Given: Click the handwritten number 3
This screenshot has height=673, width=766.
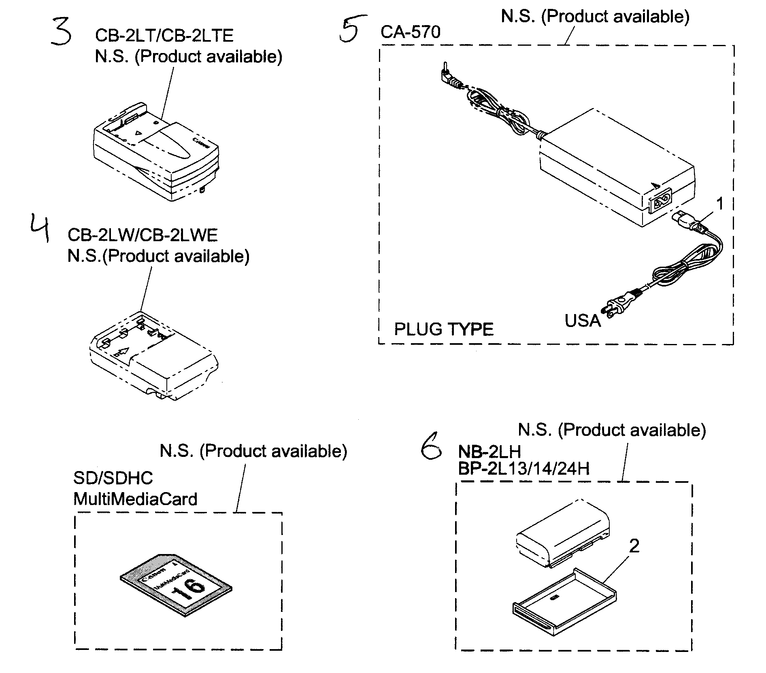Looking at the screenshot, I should coord(62,32).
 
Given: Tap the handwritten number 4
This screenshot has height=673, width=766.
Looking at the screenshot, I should coord(40,229).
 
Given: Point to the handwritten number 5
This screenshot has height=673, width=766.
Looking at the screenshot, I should coord(351,29).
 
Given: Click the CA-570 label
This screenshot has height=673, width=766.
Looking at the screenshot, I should coord(410,32).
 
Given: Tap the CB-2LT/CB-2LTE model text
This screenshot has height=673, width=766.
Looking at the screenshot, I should coord(164,36).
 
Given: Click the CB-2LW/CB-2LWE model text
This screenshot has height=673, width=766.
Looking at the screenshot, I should coord(143,235).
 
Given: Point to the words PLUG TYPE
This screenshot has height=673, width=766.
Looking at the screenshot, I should coord(444,329).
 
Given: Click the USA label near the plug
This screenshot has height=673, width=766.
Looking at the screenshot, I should coord(582,321).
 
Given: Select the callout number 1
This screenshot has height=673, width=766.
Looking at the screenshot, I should coord(719,204).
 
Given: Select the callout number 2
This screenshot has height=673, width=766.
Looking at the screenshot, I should coord(634,546).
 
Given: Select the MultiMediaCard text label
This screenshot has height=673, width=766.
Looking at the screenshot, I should coord(135,499).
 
